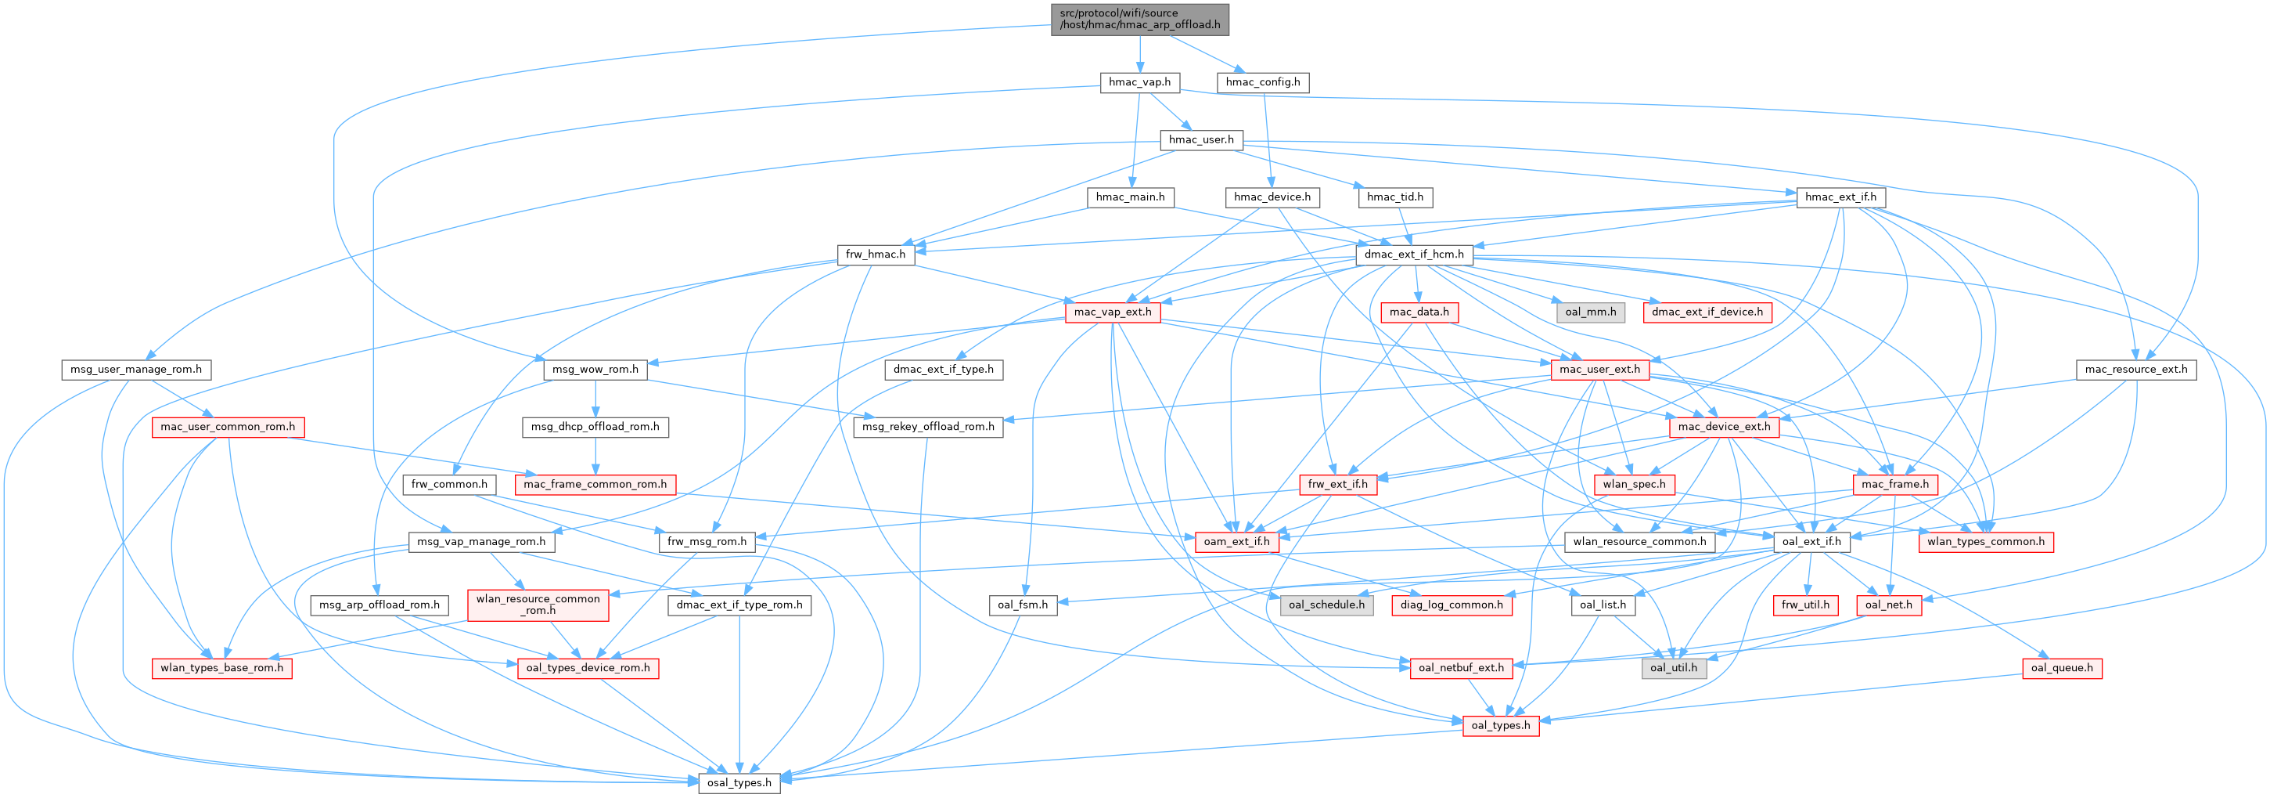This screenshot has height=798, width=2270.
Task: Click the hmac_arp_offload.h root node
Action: pyautogui.click(x=1139, y=19)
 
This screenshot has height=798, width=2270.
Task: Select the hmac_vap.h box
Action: pyautogui.click(x=1139, y=82)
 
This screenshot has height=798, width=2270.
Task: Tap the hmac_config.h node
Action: pyautogui.click(x=1262, y=82)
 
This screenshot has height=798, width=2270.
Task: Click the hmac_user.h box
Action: pyautogui.click(x=1200, y=139)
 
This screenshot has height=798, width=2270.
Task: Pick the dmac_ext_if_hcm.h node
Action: pyautogui.click(x=1413, y=254)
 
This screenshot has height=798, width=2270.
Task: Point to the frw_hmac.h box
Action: pyautogui.click(x=875, y=254)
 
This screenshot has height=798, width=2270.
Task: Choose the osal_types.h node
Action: pyautogui.click(x=739, y=782)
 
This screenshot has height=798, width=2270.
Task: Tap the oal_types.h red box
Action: pyautogui.click(x=1501, y=725)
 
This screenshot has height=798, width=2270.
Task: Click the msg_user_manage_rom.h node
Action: pyautogui.click(x=135, y=369)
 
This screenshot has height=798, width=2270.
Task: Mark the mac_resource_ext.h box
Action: pyautogui.click(x=2135, y=369)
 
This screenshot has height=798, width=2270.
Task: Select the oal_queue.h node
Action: pyautogui.click(x=2061, y=667)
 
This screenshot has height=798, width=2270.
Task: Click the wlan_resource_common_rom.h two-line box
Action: pyautogui.click(x=538, y=604)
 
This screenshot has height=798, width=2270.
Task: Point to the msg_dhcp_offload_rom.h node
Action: pyautogui.click(x=595, y=426)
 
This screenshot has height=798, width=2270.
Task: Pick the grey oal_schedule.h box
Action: pyautogui.click(x=1326, y=604)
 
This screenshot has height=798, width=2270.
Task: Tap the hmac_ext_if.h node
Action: pyautogui.click(x=1840, y=197)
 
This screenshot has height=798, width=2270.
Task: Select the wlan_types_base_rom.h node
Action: pyautogui.click(x=221, y=667)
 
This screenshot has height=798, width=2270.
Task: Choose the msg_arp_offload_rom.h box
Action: pyautogui.click(x=379, y=604)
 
